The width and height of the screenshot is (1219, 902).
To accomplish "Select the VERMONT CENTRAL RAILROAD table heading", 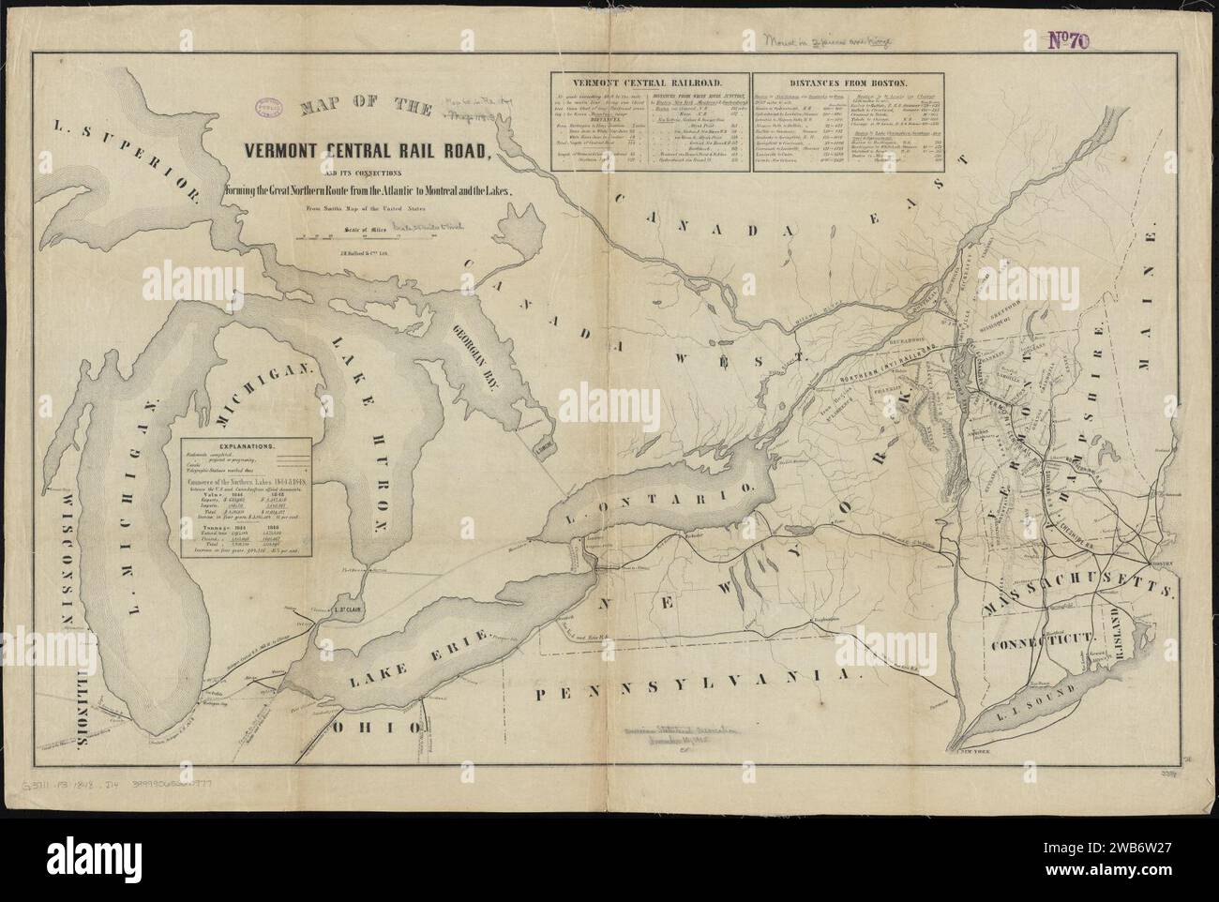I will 648,83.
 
